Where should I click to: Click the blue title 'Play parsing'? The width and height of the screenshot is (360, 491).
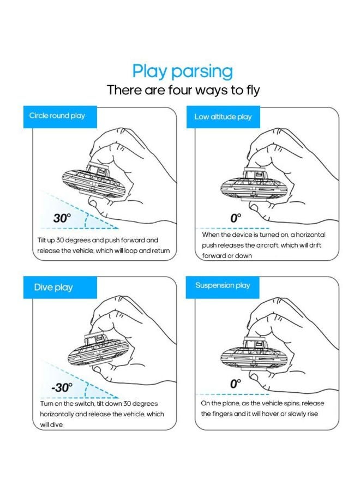pos(183,71)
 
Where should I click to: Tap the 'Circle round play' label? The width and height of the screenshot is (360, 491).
pos(57,116)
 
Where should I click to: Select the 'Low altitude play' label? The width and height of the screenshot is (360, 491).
pos(223,117)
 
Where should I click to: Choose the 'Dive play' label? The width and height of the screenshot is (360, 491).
pos(53,288)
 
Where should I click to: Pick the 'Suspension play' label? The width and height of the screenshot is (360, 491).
pos(223,285)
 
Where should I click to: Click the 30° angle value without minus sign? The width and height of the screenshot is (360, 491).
pos(62,218)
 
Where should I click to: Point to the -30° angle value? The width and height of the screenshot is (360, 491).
pos(62,387)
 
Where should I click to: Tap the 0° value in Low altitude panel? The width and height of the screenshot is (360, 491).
pos(236,218)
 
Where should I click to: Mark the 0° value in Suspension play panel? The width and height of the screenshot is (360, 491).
pos(236,384)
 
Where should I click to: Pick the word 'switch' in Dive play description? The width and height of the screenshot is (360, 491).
pos(85,404)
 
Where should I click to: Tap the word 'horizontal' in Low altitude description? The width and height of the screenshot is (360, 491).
pos(310,235)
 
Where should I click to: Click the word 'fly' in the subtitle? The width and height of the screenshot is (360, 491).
pos(253,91)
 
